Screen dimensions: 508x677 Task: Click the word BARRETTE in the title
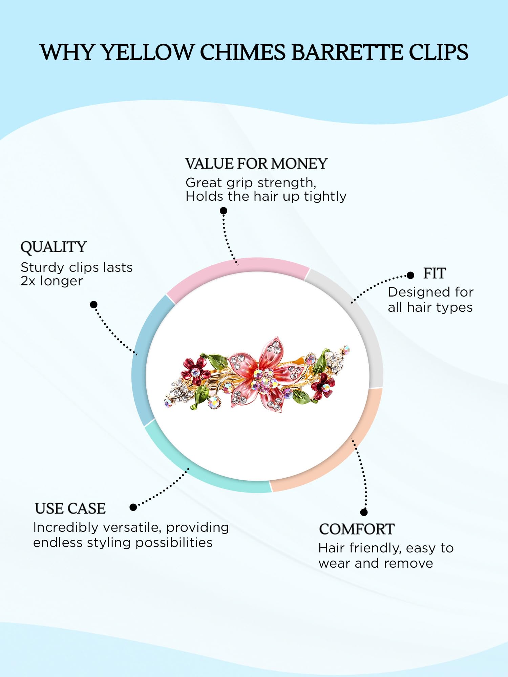coord(346,52)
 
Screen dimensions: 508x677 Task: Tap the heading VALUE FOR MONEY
coord(256,164)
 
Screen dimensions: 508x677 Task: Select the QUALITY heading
coord(54,247)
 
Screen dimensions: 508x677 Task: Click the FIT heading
coord(435,274)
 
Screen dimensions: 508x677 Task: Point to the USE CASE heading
coord(70,508)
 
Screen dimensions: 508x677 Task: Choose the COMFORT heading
coord(357,529)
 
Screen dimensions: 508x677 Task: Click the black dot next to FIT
coord(410,275)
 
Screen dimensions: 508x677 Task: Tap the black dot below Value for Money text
coord(224,211)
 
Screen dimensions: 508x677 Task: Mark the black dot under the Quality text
coord(94,305)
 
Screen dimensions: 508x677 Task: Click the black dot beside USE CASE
coord(133,507)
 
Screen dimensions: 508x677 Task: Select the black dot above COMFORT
coord(364,512)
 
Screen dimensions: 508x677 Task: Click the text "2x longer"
coord(51,281)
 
